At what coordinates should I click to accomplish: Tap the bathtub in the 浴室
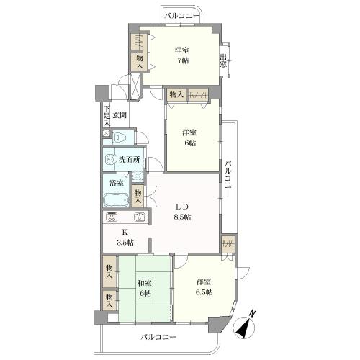tap(116, 199)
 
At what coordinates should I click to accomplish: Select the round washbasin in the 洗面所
tap(109, 160)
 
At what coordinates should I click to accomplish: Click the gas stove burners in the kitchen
tap(112, 217)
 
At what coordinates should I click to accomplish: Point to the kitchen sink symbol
tap(139, 217)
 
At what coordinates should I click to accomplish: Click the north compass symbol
tap(244, 325)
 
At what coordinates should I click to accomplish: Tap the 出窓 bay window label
tap(223, 61)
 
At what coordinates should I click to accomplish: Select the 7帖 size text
tap(182, 60)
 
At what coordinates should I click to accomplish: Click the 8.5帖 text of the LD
tap(182, 217)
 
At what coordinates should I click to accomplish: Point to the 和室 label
tap(144, 283)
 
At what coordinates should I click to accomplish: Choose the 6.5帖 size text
tap(204, 292)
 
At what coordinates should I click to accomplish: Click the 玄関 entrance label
tap(120, 115)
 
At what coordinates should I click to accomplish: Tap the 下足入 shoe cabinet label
tap(107, 116)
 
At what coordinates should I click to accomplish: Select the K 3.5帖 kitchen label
tap(125, 238)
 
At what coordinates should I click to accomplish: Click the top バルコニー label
tap(181, 16)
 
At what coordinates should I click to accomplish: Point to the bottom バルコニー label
tap(158, 337)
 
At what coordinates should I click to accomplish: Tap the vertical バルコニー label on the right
tap(228, 179)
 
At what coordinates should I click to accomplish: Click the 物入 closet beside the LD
tap(138, 196)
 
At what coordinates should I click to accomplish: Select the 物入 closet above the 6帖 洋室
tap(176, 94)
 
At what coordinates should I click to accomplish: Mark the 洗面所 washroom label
tap(130, 160)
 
